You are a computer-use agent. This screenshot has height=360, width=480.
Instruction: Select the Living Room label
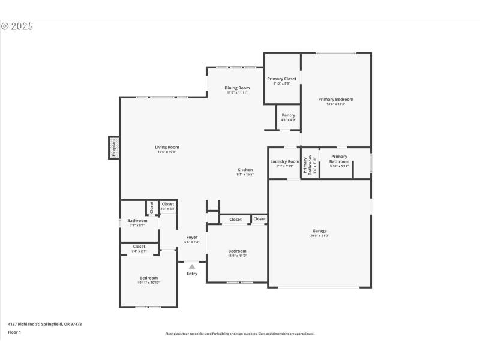167,147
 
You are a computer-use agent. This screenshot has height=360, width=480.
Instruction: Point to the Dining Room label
238,88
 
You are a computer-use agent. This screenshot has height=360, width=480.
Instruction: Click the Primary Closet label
281,79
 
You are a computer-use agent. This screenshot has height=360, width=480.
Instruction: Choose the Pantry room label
288,115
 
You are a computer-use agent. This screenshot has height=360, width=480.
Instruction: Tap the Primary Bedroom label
335,99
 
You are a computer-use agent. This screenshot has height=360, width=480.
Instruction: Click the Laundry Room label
284,161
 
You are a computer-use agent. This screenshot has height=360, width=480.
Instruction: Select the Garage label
319,231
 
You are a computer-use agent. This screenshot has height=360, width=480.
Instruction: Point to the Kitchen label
244,170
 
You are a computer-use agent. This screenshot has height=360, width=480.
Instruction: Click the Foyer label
191,237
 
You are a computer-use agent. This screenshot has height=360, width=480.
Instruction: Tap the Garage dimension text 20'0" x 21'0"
319,236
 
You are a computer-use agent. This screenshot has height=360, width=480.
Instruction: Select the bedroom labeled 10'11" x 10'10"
149,278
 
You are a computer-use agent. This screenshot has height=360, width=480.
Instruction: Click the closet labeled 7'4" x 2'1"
139,247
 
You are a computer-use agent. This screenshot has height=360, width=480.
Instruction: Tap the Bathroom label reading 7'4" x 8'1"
137,221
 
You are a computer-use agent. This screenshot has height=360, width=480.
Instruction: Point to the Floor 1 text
14,332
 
